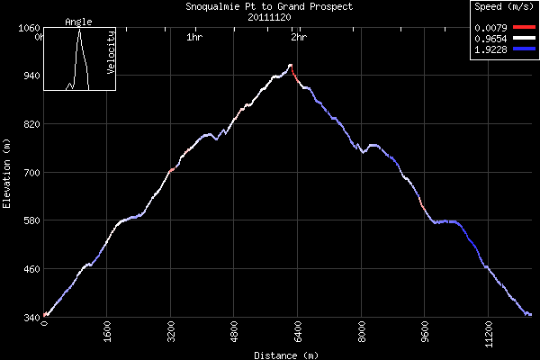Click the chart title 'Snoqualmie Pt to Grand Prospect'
[270, 6]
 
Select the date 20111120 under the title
[270, 16]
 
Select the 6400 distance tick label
[298, 332]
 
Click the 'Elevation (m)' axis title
[6, 173]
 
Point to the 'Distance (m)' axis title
[286, 355]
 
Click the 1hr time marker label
[193, 38]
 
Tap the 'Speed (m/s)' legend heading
[504, 7]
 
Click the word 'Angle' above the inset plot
[79, 22]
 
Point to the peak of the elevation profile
[290, 65]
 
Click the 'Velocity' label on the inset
[110, 59]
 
